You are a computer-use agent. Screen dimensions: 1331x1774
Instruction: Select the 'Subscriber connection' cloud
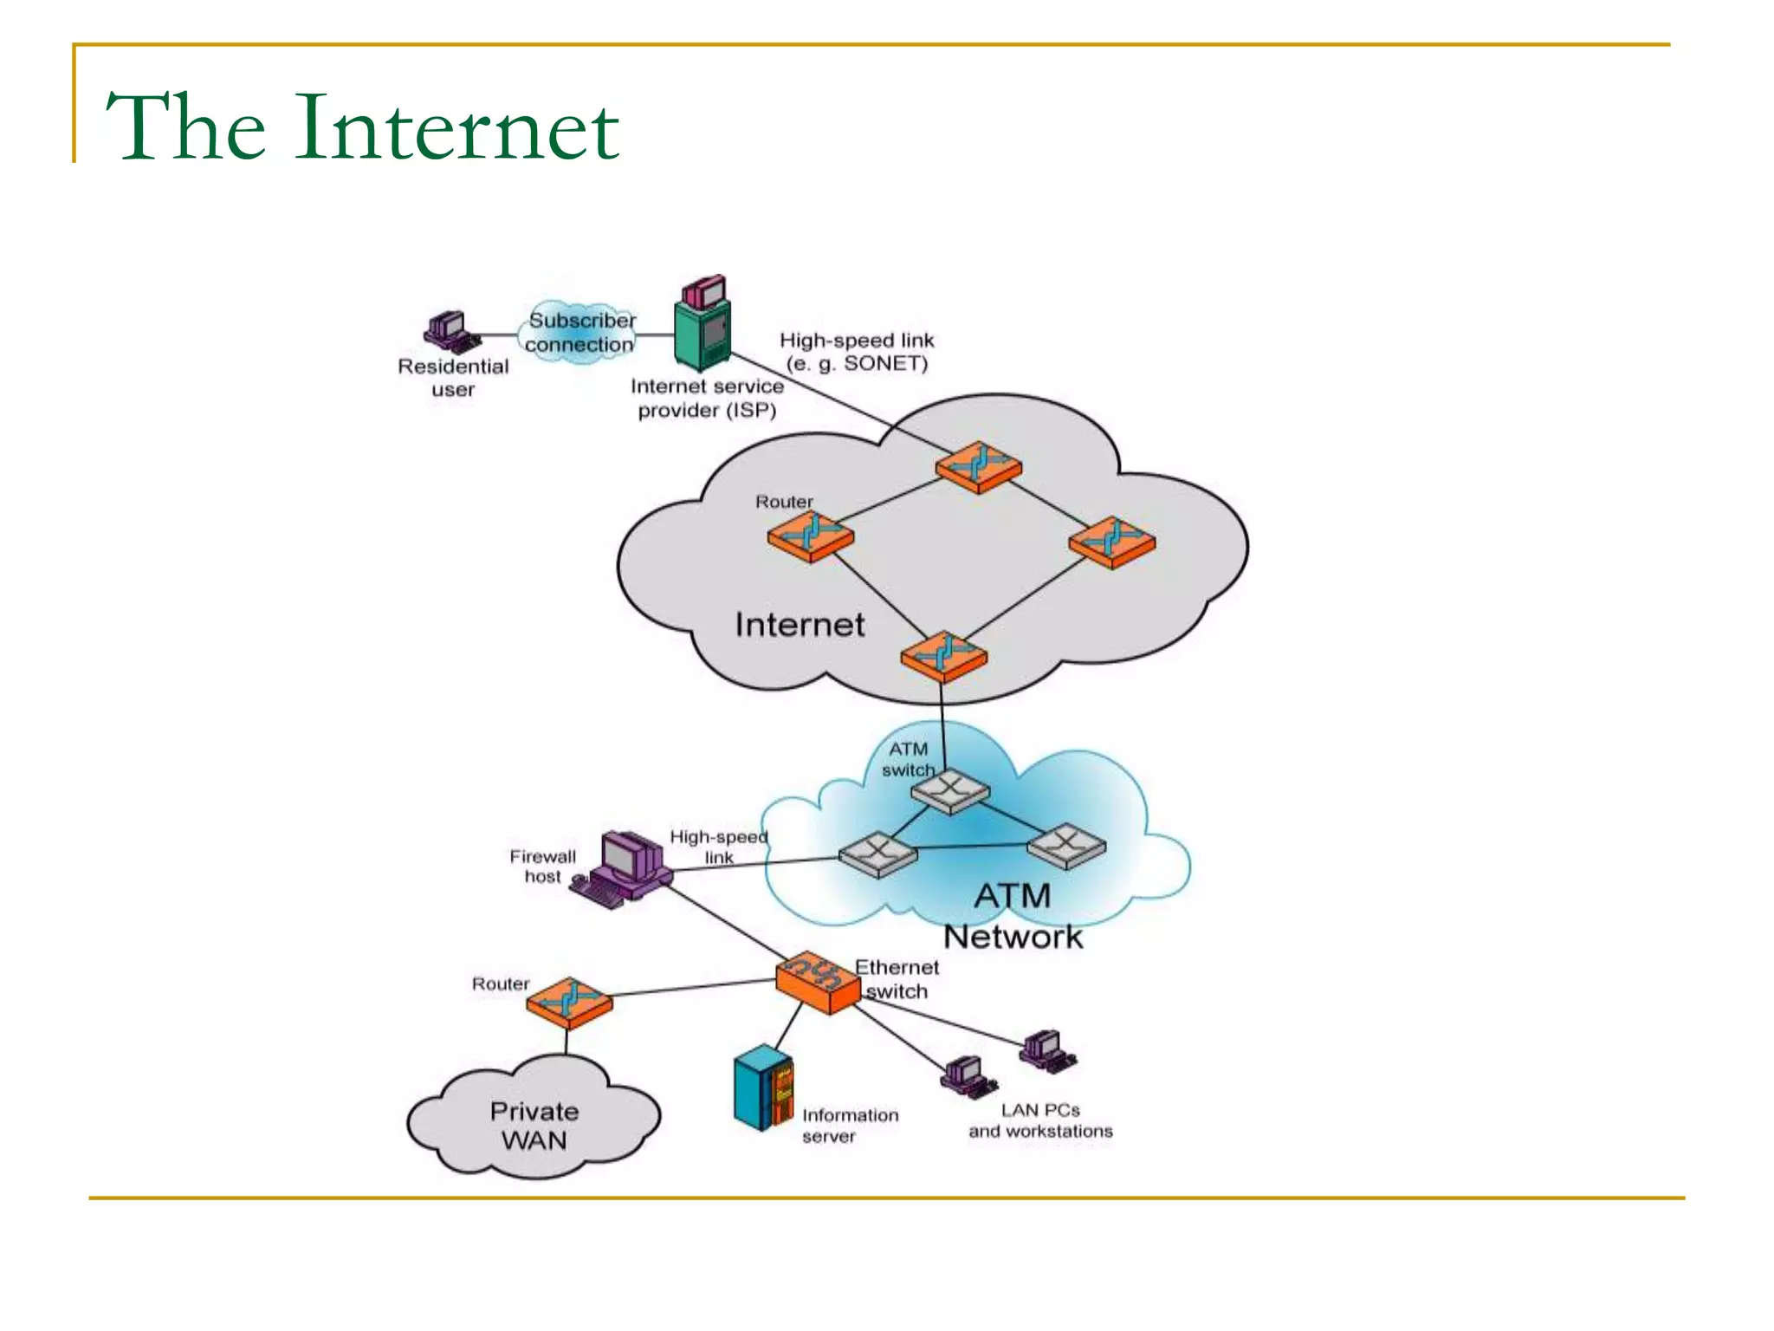[579, 333]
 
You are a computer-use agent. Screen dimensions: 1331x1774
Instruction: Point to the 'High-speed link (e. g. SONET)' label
[857, 352]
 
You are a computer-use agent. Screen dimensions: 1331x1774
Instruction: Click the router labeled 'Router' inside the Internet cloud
[811, 536]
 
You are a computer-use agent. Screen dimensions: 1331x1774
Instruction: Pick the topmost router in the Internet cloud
[979, 467]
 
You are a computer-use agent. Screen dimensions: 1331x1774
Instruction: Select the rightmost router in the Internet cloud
[1112, 542]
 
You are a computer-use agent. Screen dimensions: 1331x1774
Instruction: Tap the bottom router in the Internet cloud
[943, 656]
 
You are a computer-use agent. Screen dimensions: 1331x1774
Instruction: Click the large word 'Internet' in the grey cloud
[800, 625]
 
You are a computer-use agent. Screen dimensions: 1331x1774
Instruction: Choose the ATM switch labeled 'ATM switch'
[950, 791]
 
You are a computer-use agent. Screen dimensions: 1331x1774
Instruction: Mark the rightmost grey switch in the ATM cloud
[1066, 847]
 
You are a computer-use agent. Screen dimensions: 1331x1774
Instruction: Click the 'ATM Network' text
[1013, 916]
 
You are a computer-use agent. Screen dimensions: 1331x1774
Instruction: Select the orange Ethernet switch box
[817, 983]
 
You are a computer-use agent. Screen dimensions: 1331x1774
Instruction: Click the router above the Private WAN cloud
[569, 1003]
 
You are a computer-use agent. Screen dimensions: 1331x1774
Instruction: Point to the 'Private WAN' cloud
[534, 1124]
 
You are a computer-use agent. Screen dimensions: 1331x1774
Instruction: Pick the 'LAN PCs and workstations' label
[1040, 1120]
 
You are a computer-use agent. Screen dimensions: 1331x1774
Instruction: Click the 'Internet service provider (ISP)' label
[707, 398]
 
